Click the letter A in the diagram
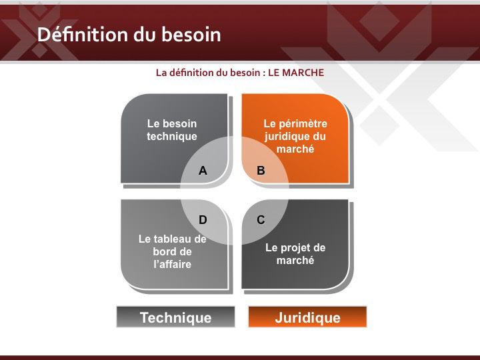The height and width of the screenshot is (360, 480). coord(203,171)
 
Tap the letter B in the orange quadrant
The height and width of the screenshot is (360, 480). coord(261,171)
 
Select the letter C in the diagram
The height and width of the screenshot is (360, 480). coord(261,220)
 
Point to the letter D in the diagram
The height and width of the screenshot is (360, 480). coord(203,220)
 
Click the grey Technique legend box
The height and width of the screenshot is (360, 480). coord(176,317)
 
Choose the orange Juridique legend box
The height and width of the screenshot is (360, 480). coord(307,317)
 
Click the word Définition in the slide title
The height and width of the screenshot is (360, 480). coord(83,34)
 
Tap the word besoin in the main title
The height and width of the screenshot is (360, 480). coord(191,34)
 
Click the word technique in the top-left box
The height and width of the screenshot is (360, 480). coord(172,137)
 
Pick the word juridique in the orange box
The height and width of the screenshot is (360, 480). coord(284,137)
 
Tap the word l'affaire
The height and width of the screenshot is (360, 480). coord(173,264)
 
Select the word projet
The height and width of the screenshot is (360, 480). coord(296,248)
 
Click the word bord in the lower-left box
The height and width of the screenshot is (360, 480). coord(165,251)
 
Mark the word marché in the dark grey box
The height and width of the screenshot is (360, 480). coord(295,260)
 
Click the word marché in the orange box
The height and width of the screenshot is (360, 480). coord(295,149)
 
